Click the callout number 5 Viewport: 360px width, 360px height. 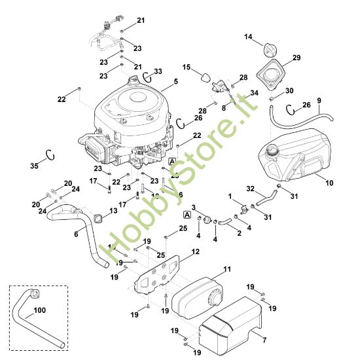[x=175, y=82]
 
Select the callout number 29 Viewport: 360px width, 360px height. [x=297, y=58]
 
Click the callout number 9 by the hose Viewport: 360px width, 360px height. [x=319, y=99]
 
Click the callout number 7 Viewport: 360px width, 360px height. [x=264, y=340]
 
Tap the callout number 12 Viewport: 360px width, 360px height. [x=196, y=251]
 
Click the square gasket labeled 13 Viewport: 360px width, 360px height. [x=96, y=218]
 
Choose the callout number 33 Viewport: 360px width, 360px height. [x=157, y=71]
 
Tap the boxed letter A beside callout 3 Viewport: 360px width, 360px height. [x=187, y=214]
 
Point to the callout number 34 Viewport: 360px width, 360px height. [x=254, y=93]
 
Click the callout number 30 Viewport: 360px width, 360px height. [x=289, y=91]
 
